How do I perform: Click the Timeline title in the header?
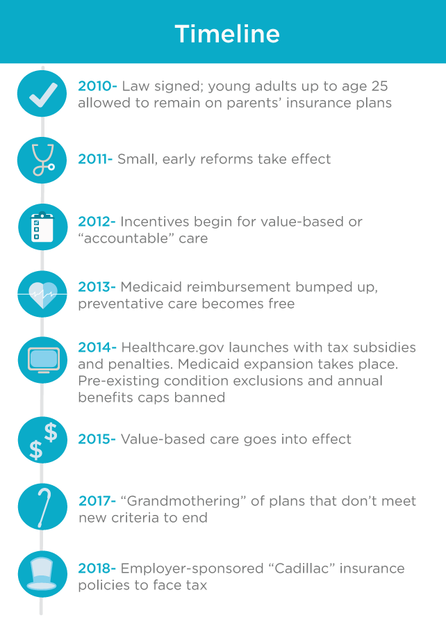[227, 33]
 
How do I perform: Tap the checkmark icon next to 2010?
[42, 93]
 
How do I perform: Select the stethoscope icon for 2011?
[42, 160]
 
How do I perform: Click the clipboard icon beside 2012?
[42, 227]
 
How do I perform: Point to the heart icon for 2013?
[42, 294]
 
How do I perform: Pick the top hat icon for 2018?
[42, 574]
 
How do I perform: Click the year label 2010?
[97, 86]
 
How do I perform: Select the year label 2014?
[97, 347]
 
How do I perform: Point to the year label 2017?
[97, 501]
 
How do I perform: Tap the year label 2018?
[97, 568]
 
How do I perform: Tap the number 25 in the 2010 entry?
[379, 86]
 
